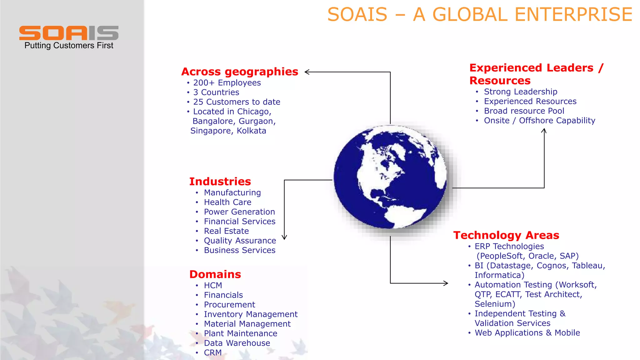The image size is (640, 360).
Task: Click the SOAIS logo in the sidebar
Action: (x=69, y=33)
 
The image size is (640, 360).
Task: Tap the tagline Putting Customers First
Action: (x=69, y=46)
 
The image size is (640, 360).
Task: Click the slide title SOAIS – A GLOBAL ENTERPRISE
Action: (x=480, y=15)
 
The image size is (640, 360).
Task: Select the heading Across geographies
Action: (x=240, y=72)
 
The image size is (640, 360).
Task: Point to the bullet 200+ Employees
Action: (x=227, y=83)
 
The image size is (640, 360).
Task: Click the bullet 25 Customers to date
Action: (x=237, y=102)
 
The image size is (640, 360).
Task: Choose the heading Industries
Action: (x=220, y=182)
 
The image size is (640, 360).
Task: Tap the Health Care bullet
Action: (x=227, y=202)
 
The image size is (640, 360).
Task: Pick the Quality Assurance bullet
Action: (x=240, y=241)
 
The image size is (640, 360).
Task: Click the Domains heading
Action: (x=215, y=274)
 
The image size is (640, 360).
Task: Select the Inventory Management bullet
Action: (x=251, y=314)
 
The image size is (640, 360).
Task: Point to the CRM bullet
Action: (x=213, y=352)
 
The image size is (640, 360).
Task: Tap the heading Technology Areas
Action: (x=506, y=235)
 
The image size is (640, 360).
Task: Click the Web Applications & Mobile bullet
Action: (x=527, y=333)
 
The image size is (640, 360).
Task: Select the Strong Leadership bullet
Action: (x=521, y=92)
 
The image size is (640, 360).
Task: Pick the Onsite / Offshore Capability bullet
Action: (x=539, y=121)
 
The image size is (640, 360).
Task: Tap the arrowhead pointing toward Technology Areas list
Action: (x=446, y=283)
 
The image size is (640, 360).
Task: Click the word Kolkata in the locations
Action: (x=252, y=131)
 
